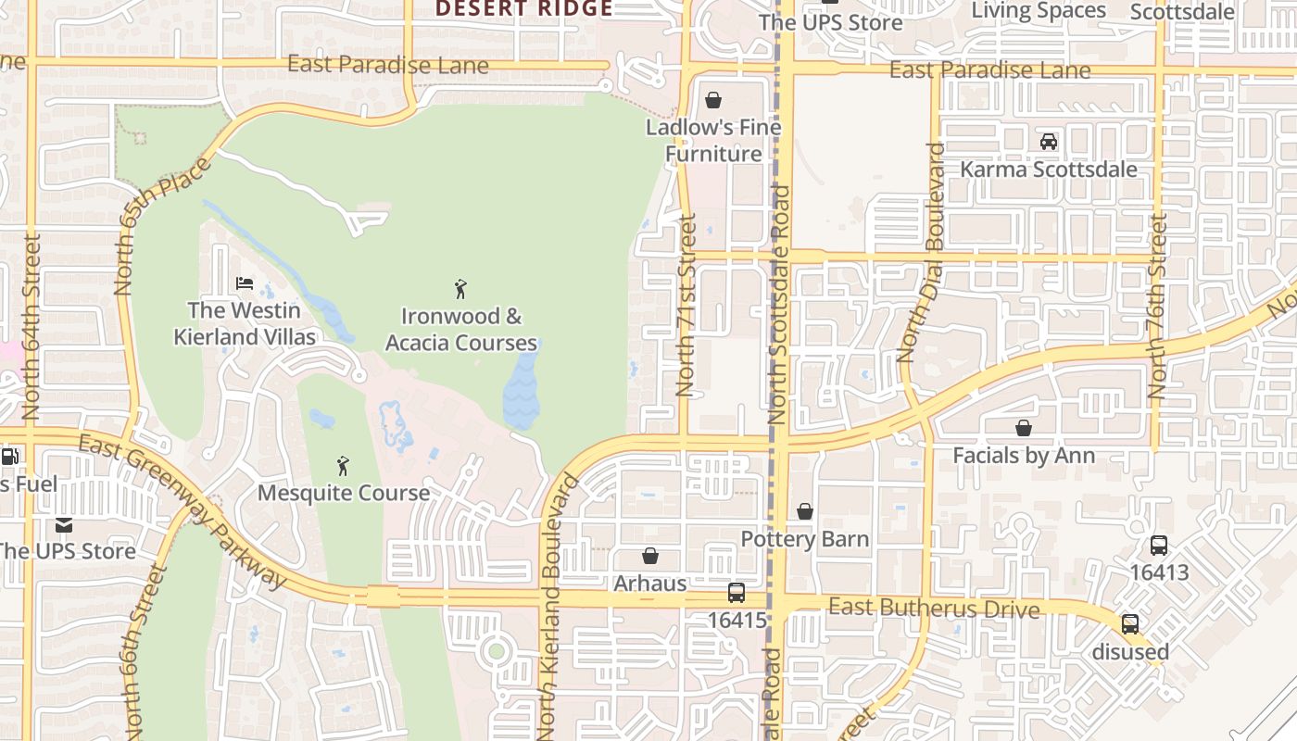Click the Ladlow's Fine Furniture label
(x=713, y=140)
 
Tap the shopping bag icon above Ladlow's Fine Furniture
(x=713, y=100)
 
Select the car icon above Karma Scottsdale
(x=1049, y=142)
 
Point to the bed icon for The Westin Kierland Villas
(x=245, y=283)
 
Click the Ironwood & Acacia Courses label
(x=461, y=330)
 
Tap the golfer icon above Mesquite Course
(x=343, y=465)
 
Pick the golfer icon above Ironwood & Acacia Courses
(x=460, y=289)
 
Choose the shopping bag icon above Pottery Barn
(x=805, y=511)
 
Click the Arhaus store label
(x=650, y=584)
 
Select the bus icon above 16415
(x=737, y=593)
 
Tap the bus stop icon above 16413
(x=1159, y=546)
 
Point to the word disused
(x=1130, y=651)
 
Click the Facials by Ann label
(x=1024, y=456)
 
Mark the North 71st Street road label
(x=686, y=306)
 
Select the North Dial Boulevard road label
(x=921, y=252)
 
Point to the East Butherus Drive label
(x=934, y=609)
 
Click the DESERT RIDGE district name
(x=524, y=8)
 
